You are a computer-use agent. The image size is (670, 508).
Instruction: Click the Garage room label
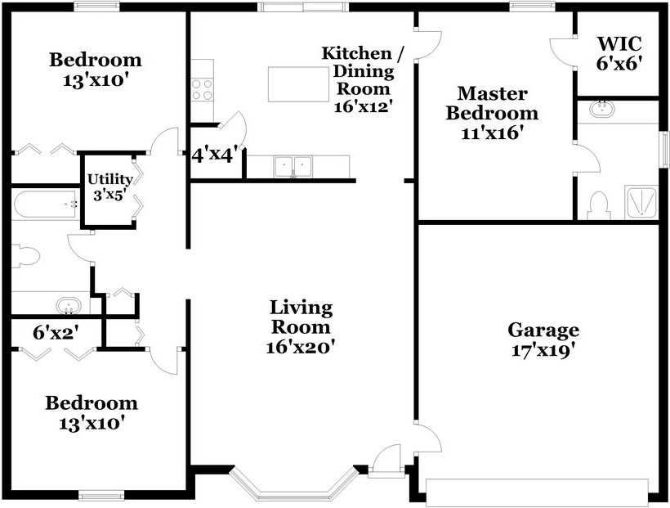point(543,339)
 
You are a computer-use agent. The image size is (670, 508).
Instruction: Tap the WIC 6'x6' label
point(619,52)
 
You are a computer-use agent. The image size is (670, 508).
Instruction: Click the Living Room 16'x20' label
point(301,326)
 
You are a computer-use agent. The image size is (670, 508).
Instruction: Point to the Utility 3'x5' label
point(109,187)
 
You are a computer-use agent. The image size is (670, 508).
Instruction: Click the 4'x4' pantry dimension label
point(215,155)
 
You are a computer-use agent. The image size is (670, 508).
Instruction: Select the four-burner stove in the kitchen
point(202,88)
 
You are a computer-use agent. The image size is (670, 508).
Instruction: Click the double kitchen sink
point(293,166)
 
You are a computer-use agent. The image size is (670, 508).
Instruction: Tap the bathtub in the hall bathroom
point(46,204)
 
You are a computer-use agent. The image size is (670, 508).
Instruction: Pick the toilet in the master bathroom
point(598,205)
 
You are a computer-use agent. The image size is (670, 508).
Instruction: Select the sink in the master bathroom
point(602,107)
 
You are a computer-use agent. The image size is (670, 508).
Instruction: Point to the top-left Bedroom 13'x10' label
point(95,69)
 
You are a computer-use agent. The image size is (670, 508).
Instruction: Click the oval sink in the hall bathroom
point(69,306)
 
